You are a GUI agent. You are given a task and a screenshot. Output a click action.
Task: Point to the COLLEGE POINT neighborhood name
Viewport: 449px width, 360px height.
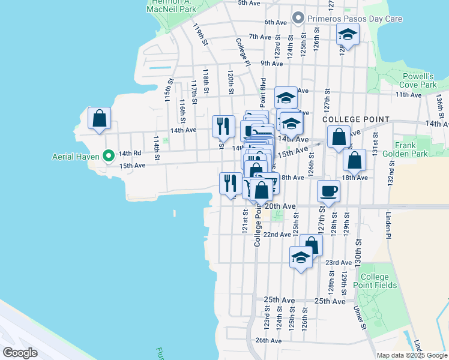[356, 120]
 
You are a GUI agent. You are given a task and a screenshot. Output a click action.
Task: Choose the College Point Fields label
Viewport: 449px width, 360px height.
[378, 281]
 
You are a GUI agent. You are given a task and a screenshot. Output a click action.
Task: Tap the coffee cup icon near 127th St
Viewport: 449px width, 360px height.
[328, 191]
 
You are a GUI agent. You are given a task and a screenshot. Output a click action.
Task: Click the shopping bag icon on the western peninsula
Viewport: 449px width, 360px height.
[99, 118]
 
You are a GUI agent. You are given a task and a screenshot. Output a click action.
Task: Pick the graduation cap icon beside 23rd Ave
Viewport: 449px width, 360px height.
[301, 257]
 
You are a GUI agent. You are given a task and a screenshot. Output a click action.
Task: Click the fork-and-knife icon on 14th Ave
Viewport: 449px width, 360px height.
[223, 126]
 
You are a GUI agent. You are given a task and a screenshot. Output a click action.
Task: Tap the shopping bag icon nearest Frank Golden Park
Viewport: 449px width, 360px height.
[354, 160]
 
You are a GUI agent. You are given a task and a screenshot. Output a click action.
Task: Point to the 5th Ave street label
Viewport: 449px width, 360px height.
[249, 3]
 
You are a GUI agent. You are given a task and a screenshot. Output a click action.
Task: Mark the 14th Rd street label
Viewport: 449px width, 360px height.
[130, 153]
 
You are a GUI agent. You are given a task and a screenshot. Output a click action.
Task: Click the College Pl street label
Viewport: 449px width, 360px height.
[242, 52]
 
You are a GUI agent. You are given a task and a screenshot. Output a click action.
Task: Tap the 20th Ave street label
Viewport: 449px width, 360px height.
[282, 206]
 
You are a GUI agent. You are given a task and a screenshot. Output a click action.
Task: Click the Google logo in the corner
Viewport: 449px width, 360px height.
[20, 353]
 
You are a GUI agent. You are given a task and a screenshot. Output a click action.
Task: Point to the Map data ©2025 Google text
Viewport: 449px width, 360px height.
[411, 355]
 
